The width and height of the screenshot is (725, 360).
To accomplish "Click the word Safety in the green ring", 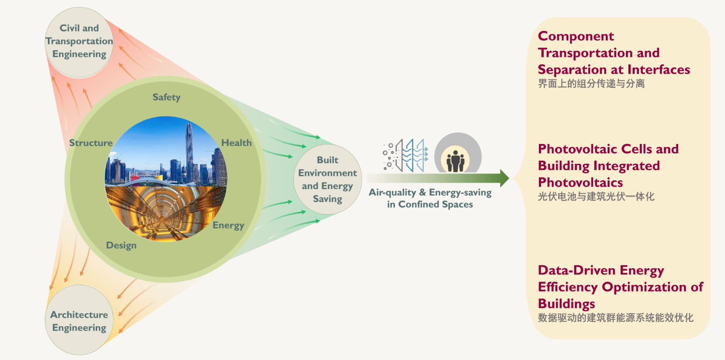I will click(166, 97).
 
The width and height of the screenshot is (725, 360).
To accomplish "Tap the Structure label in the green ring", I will click(91, 143).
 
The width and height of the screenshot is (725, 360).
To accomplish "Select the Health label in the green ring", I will click(236, 143).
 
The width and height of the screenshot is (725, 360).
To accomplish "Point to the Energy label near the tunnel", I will click(228, 225).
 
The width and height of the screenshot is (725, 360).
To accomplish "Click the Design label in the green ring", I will click(121, 245).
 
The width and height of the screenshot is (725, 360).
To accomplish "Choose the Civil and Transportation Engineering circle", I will click(79, 41).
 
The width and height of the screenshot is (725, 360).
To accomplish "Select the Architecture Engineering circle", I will click(79, 321).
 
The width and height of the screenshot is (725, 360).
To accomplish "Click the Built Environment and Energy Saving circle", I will click(328, 179).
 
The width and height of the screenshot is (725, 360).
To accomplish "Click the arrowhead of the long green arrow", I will click(504, 178).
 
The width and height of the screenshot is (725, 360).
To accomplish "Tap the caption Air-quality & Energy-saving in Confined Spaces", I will click(430, 198).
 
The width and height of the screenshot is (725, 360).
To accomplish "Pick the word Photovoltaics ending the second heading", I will click(580, 183).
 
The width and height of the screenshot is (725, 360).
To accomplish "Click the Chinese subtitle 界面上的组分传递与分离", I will click(591, 84).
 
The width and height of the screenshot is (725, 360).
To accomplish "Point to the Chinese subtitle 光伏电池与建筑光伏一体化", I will click(596, 197).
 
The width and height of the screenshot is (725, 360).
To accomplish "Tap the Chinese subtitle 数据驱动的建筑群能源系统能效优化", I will click(615, 318).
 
